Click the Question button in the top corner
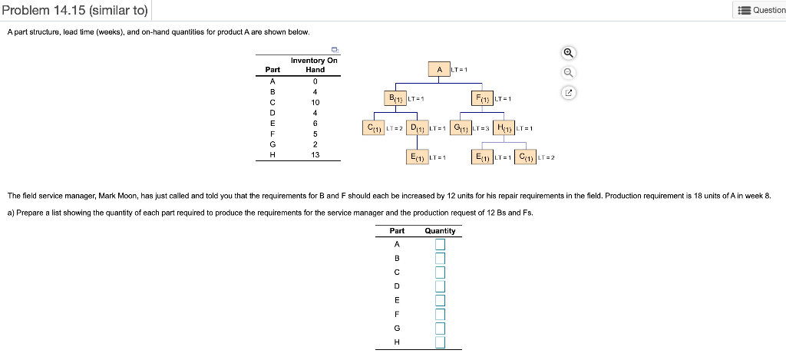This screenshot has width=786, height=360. (x=760, y=10)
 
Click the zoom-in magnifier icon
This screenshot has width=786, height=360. (x=569, y=53)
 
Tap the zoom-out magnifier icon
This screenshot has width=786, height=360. (x=569, y=73)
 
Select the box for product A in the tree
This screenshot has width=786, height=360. (x=439, y=70)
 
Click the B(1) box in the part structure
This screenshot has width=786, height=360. (x=395, y=98)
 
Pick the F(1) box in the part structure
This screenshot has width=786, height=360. (x=482, y=98)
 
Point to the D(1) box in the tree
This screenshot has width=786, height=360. (x=415, y=127)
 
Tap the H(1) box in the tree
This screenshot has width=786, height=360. (x=503, y=127)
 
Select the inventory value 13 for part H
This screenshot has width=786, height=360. (x=315, y=154)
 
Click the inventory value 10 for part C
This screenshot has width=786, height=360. (x=315, y=102)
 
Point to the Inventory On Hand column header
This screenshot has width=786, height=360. (x=314, y=64)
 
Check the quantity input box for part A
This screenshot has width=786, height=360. (x=440, y=245)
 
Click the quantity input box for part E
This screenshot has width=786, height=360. (x=440, y=300)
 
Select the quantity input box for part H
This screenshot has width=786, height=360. (x=440, y=342)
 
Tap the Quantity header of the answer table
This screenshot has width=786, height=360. (x=440, y=231)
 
